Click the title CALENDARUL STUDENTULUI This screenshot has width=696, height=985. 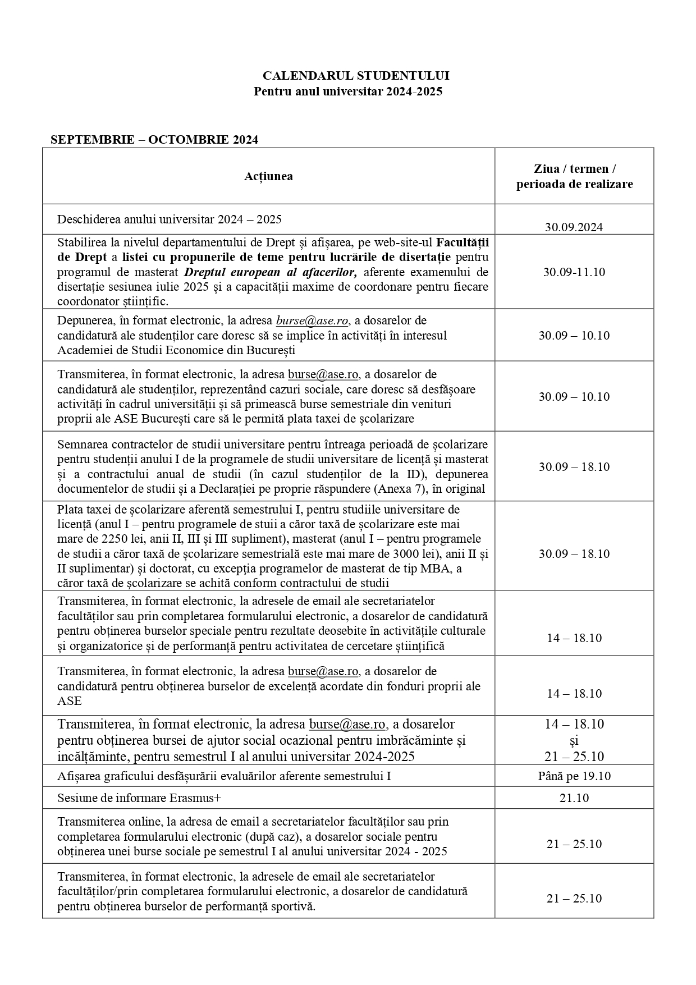pos(356,76)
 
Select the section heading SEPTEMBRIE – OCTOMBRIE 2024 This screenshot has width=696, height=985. pos(154,140)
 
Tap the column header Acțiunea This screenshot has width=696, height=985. pos(268,176)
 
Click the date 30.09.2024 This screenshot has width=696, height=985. pos(574,227)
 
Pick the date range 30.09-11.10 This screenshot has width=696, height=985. pos(574,272)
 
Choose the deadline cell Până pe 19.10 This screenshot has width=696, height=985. pos(574,776)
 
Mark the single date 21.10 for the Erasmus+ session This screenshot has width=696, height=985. pos(574,798)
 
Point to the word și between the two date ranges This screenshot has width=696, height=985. pos(574,740)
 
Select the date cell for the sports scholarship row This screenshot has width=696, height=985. pos(574,899)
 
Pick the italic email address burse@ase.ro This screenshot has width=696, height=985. pos(312,321)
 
